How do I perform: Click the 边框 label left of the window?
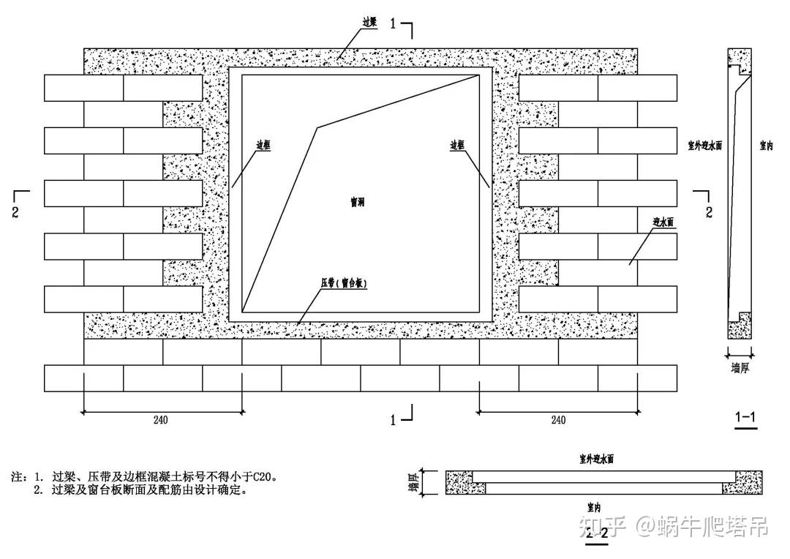263,146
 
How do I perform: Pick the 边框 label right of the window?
458,146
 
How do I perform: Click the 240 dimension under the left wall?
161,421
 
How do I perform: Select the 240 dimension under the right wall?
557,421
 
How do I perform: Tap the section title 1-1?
745,417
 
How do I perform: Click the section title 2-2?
596,533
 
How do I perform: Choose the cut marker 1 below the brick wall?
394,420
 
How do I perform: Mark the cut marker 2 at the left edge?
17,213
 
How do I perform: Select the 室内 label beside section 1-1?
767,146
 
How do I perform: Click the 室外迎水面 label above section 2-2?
596,459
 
